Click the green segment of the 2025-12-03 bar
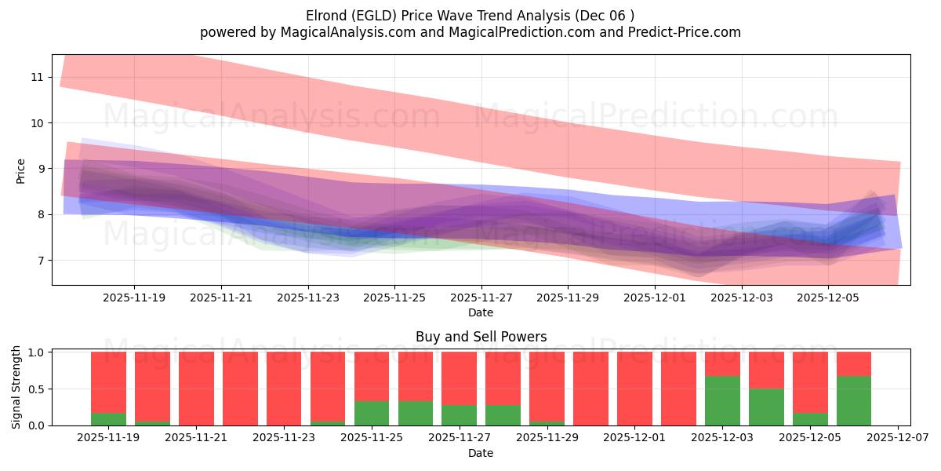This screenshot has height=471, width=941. click(722, 400)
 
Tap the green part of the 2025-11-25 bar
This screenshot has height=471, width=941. click(372, 413)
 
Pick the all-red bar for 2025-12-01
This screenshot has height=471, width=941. click(634, 389)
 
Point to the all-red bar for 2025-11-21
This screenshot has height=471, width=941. click(196, 389)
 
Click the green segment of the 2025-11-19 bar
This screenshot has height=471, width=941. click(108, 419)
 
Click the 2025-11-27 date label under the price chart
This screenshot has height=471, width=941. click(481, 298)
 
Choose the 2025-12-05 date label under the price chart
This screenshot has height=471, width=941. click(828, 298)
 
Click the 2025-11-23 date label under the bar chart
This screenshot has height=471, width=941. click(284, 438)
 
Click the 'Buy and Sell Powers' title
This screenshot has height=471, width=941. click(481, 337)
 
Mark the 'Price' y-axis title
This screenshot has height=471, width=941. click(20, 171)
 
